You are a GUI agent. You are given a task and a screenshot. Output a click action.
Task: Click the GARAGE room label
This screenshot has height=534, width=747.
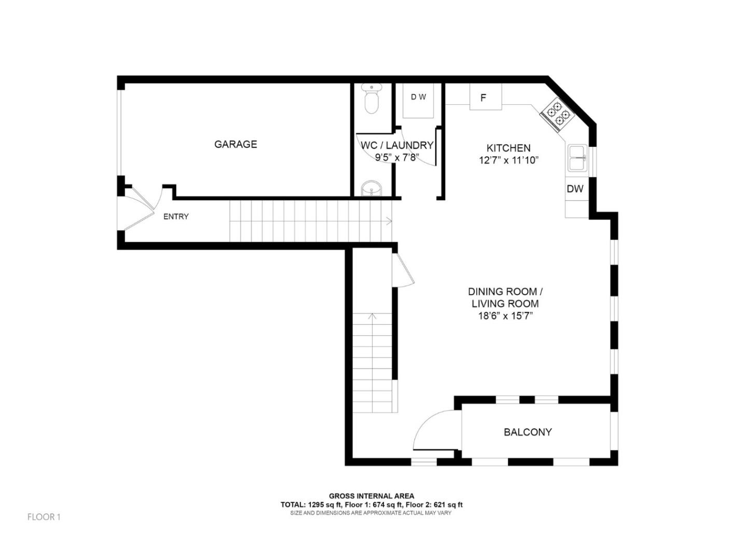pyautogui.click(x=236, y=144)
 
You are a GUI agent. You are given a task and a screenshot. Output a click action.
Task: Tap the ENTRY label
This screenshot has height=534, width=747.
pyautogui.click(x=176, y=217)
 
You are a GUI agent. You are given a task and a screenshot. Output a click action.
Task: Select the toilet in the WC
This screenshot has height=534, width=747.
pyautogui.click(x=371, y=100)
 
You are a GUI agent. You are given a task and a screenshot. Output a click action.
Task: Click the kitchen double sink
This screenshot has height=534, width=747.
pyautogui.click(x=577, y=158)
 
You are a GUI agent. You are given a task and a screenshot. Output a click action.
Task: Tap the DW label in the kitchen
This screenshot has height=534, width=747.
pyautogui.click(x=575, y=189)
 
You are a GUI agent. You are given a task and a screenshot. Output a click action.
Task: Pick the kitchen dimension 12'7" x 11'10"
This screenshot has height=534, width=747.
pyautogui.click(x=508, y=160)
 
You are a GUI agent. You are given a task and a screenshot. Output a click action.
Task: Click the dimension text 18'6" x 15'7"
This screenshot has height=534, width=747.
pyautogui.click(x=505, y=316)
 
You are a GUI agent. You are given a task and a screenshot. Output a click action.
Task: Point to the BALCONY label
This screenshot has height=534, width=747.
pyautogui.click(x=528, y=432)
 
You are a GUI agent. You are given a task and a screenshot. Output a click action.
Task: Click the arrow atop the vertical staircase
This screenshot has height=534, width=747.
pyautogui.click(x=372, y=316)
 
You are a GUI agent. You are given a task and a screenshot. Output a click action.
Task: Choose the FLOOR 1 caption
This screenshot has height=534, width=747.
pyautogui.click(x=44, y=517)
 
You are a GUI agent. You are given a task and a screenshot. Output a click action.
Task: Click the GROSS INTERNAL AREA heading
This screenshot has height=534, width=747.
pyautogui.click(x=371, y=496)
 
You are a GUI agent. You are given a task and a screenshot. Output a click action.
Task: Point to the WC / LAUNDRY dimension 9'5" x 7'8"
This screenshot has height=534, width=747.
pyautogui.click(x=397, y=157)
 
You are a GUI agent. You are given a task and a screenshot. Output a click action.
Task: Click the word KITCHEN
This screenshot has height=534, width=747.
pyautogui.click(x=508, y=148)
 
